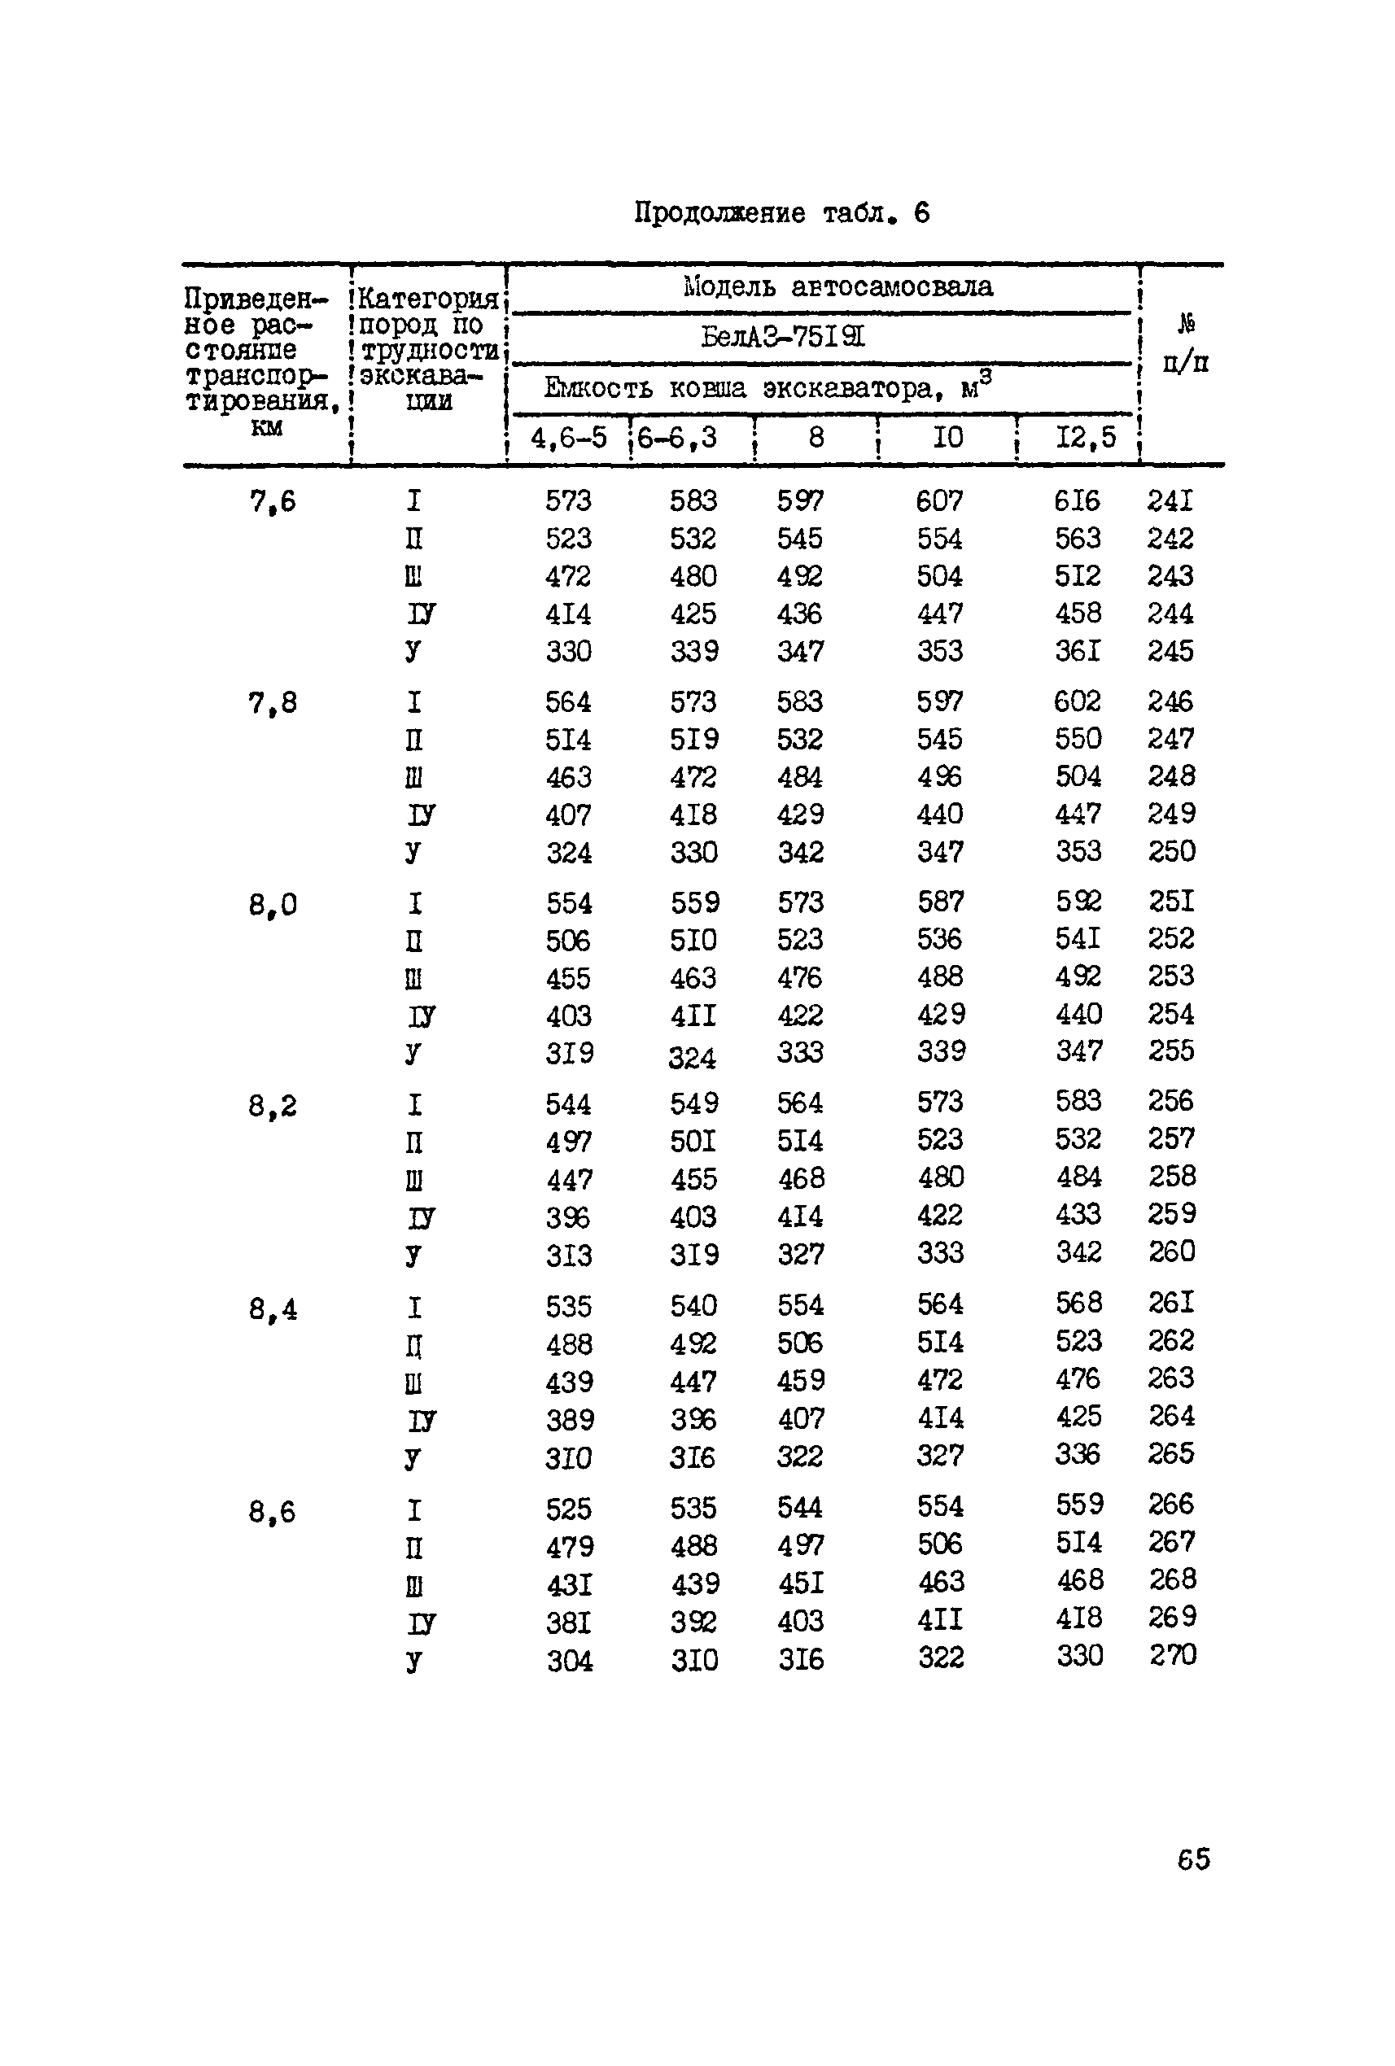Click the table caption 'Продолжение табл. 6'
click(x=781, y=213)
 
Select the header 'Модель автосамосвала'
click(x=837, y=286)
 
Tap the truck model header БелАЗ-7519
click(x=782, y=337)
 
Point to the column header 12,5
click(x=1085, y=438)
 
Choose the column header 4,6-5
click(x=568, y=438)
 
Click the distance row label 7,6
click(x=272, y=502)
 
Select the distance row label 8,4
click(x=272, y=1309)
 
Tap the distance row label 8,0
click(x=272, y=905)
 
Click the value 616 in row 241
click(x=1077, y=501)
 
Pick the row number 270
click(x=1172, y=1654)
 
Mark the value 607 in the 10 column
click(x=939, y=501)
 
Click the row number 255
click(x=1171, y=1050)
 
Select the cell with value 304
click(x=569, y=1660)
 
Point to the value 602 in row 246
click(x=1078, y=701)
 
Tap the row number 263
click(x=1171, y=1378)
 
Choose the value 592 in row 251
click(x=1078, y=902)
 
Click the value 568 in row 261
click(x=1078, y=1304)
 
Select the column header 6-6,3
click(x=677, y=438)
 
